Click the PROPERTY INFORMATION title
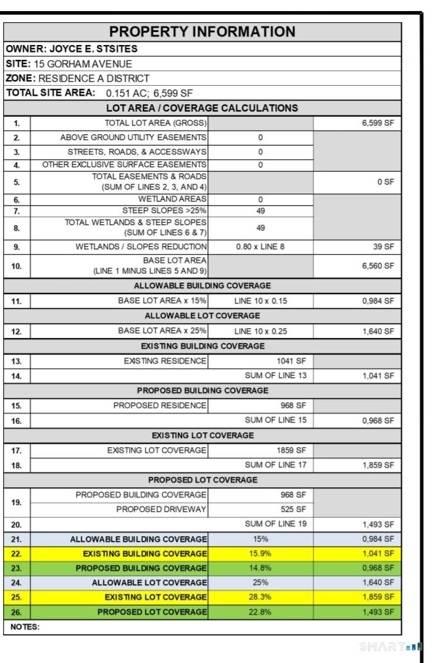pos(202,32)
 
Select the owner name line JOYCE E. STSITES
pos(71,49)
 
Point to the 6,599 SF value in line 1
pos(378,123)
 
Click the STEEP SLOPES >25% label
pos(165,210)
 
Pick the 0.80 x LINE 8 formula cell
pos(260,247)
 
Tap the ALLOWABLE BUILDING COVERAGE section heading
pos(202,286)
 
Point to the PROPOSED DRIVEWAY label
pos(161,509)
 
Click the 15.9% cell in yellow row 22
pos(260,553)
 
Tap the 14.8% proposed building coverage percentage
pos(260,568)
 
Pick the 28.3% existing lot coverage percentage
pos(260,597)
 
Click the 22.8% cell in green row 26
pos(260,612)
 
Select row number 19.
pos(17,502)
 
